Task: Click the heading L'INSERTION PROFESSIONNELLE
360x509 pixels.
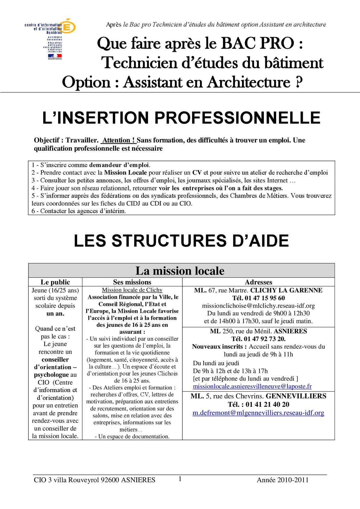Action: coord(181,118)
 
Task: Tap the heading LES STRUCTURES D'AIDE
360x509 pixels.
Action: coord(181,241)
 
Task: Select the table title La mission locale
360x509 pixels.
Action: coord(180,271)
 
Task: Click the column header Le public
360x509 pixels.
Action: coord(55,282)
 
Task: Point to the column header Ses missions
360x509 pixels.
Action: coord(132,282)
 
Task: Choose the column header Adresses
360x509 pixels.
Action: coord(258,282)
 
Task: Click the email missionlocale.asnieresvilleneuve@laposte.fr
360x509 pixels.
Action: coord(252,386)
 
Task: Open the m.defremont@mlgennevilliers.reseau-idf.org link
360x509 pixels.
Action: coord(258,413)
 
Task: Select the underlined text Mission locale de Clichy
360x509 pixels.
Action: coord(132,290)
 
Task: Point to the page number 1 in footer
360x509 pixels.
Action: coord(180,479)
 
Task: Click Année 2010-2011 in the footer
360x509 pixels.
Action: coord(283,480)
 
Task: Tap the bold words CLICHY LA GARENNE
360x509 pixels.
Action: coord(286,290)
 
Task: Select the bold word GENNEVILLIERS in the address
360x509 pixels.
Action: coord(296,396)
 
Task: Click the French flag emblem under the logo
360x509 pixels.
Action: coord(55,56)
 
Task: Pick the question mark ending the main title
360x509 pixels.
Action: coord(299,82)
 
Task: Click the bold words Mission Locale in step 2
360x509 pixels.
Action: coord(126,173)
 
